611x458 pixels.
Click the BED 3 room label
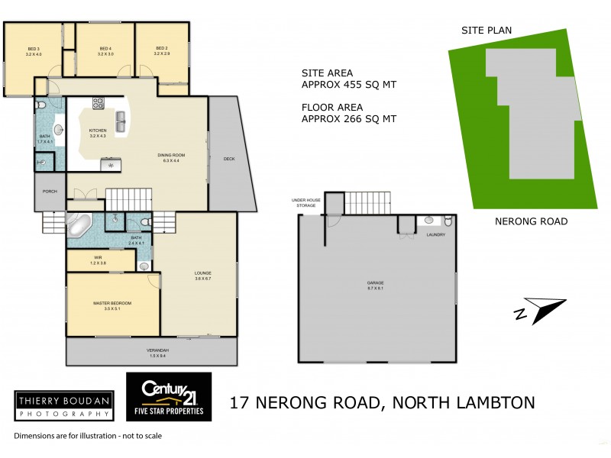(x=34, y=51)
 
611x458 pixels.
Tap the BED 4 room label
(x=105, y=51)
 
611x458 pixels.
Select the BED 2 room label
(x=161, y=51)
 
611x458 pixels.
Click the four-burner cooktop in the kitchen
(x=99, y=102)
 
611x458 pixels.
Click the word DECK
(x=228, y=159)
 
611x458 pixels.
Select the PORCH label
(x=50, y=192)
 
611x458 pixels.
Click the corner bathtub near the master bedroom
(x=79, y=226)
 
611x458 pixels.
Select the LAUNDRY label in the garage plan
(x=435, y=234)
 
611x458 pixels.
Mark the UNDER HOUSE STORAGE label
(x=303, y=202)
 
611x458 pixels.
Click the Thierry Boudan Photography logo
(x=63, y=404)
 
